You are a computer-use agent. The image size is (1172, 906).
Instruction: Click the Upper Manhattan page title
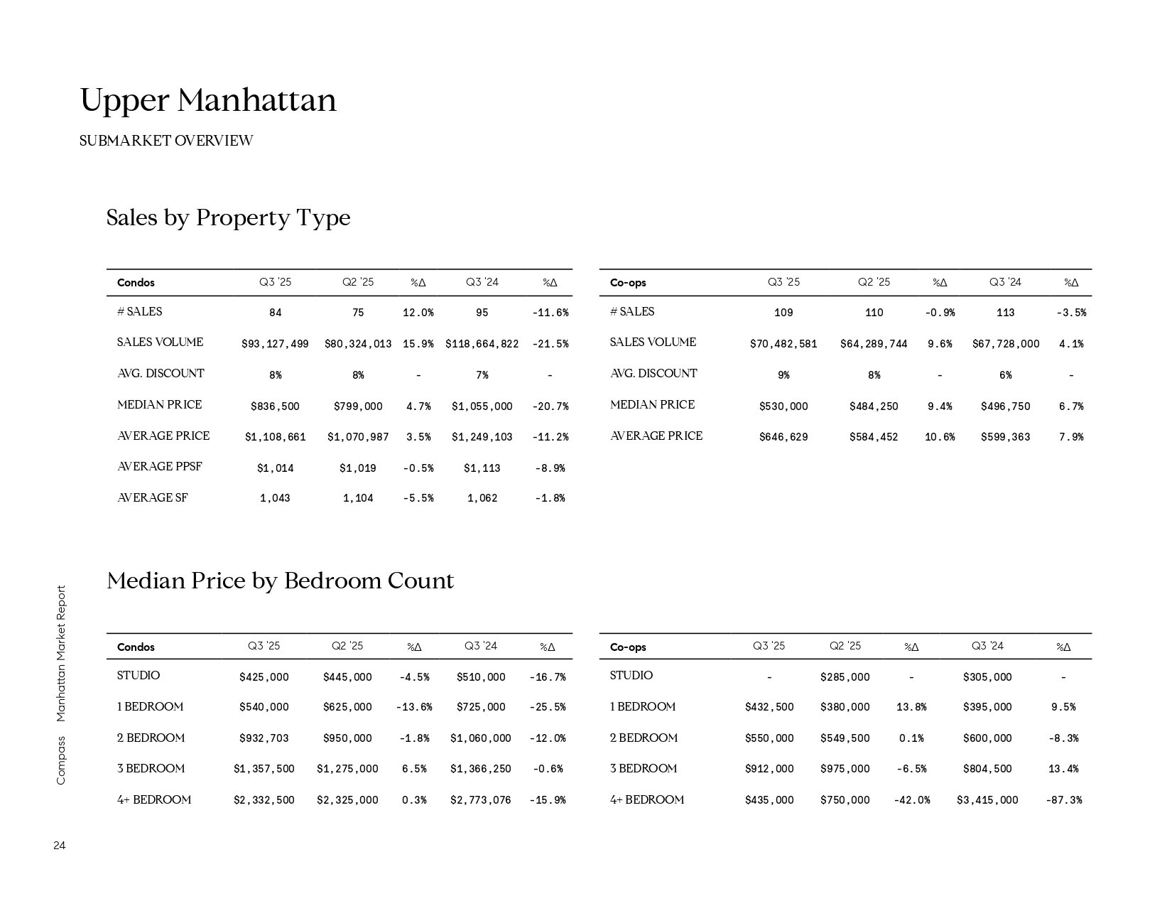click(208, 100)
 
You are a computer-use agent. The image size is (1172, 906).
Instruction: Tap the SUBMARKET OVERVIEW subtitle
click(166, 141)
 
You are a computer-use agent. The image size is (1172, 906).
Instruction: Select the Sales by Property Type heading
click(228, 217)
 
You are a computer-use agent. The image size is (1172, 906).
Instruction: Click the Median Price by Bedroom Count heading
click(280, 581)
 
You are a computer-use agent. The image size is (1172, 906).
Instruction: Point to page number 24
click(59, 846)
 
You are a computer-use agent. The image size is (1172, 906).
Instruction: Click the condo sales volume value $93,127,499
click(275, 344)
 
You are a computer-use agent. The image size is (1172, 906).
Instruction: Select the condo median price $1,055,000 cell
click(482, 406)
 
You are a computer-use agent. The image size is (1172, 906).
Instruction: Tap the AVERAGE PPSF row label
click(159, 467)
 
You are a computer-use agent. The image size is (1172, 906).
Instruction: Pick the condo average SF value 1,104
click(358, 498)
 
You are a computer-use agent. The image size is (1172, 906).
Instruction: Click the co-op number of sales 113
click(1005, 313)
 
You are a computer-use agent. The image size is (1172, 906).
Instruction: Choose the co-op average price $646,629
click(783, 437)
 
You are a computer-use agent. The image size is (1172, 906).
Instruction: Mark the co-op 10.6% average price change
click(939, 437)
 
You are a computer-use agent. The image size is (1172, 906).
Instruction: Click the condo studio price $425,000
click(264, 677)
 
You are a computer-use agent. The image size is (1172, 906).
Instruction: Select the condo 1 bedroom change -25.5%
click(547, 707)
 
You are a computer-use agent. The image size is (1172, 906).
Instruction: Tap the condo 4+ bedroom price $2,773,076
click(480, 800)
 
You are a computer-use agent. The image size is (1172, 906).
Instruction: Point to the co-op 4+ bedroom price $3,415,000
click(987, 800)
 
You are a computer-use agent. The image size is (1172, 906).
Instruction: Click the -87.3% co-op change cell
click(1063, 800)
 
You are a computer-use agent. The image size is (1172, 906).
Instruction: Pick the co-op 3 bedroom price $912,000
click(769, 769)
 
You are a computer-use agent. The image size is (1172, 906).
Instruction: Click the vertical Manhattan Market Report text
click(60, 653)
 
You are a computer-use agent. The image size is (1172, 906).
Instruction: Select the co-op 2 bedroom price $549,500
click(845, 738)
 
